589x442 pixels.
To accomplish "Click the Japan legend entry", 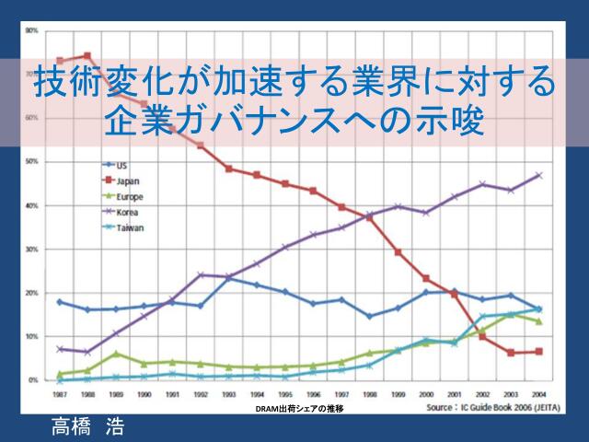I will pyautogui.click(x=127, y=181).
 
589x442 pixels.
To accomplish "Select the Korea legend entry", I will pyautogui.click(x=127, y=212).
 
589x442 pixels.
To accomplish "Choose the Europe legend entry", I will pyautogui.click(x=129, y=197).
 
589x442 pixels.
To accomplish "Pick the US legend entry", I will pyautogui.click(x=121, y=167).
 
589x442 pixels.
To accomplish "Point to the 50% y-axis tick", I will pyautogui.click(x=31, y=162).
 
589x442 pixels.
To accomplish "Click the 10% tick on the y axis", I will pyautogui.click(x=31, y=336).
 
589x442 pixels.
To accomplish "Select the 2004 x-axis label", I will pyautogui.click(x=538, y=395).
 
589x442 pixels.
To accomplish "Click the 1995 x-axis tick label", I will pyautogui.click(x=285, y=395).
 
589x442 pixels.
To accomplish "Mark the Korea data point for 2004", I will pyautogui.click(x=538, y=175).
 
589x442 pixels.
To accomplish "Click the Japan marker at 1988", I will pyautogui.click(x=87, y=56).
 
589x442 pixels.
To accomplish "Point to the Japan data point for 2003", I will pyautogui.click(x=511, y=353).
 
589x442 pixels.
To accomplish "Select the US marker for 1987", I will pyautogui.click(x=60, y=302).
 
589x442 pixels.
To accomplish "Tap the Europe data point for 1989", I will pyautogui.click(x=116, y=354).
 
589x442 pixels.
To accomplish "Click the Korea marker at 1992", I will pyautogui.click(x=201, y=275).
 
